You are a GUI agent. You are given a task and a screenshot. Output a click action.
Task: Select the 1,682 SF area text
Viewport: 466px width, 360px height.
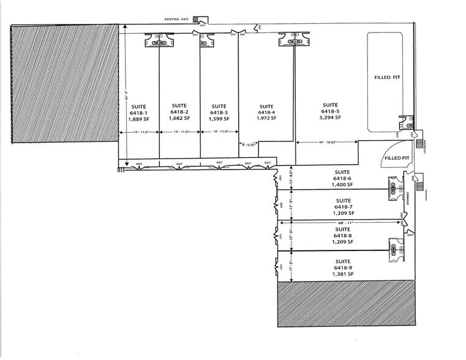pos(179,118)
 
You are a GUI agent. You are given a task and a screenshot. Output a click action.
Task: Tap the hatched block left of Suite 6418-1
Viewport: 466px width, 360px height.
pos(64,83)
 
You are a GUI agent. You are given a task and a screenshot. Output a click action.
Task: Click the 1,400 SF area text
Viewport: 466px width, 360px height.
pos(342,184)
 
